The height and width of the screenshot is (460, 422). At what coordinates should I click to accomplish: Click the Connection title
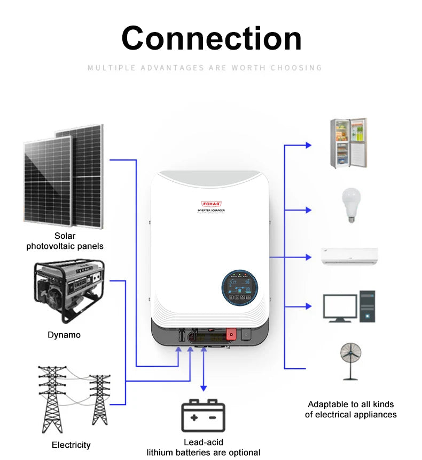click(212, 38)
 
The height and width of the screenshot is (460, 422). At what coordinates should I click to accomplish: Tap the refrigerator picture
click(348, 143)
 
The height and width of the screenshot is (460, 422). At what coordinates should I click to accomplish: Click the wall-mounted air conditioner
click(349, 256)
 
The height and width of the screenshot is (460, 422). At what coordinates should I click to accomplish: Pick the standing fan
click(350, 360)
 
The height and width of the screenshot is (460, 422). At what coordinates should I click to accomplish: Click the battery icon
click(203, 415)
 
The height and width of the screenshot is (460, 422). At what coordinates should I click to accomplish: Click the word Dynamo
click(64, 335)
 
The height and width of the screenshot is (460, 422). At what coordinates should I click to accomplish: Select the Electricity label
click(71, 445)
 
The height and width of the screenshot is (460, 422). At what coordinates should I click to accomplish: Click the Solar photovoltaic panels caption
click(65, 241)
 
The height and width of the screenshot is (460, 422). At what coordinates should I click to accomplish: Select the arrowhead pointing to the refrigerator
click(308, 144)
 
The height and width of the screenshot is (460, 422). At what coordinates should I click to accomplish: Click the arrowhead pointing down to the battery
click(203, 388)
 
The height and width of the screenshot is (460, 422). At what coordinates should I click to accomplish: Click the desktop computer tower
click(368, 306)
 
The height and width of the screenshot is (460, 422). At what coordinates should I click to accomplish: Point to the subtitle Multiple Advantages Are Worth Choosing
click(205, 68)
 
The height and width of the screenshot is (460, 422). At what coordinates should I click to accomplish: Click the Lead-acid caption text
click(204, 442)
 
